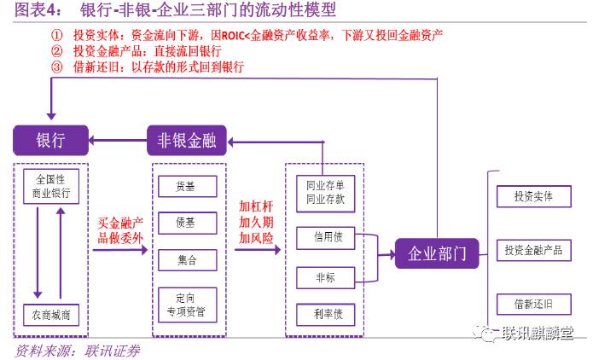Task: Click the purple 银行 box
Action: point(49,141)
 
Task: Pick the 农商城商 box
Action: point(50,314)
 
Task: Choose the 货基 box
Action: point(188,187)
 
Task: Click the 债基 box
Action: point(188,223)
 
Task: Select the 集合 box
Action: point(188,259)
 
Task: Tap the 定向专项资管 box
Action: point(188,305)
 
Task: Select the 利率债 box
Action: point(325,314)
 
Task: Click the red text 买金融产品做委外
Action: point(119,229)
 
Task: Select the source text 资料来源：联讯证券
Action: point(78,351)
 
